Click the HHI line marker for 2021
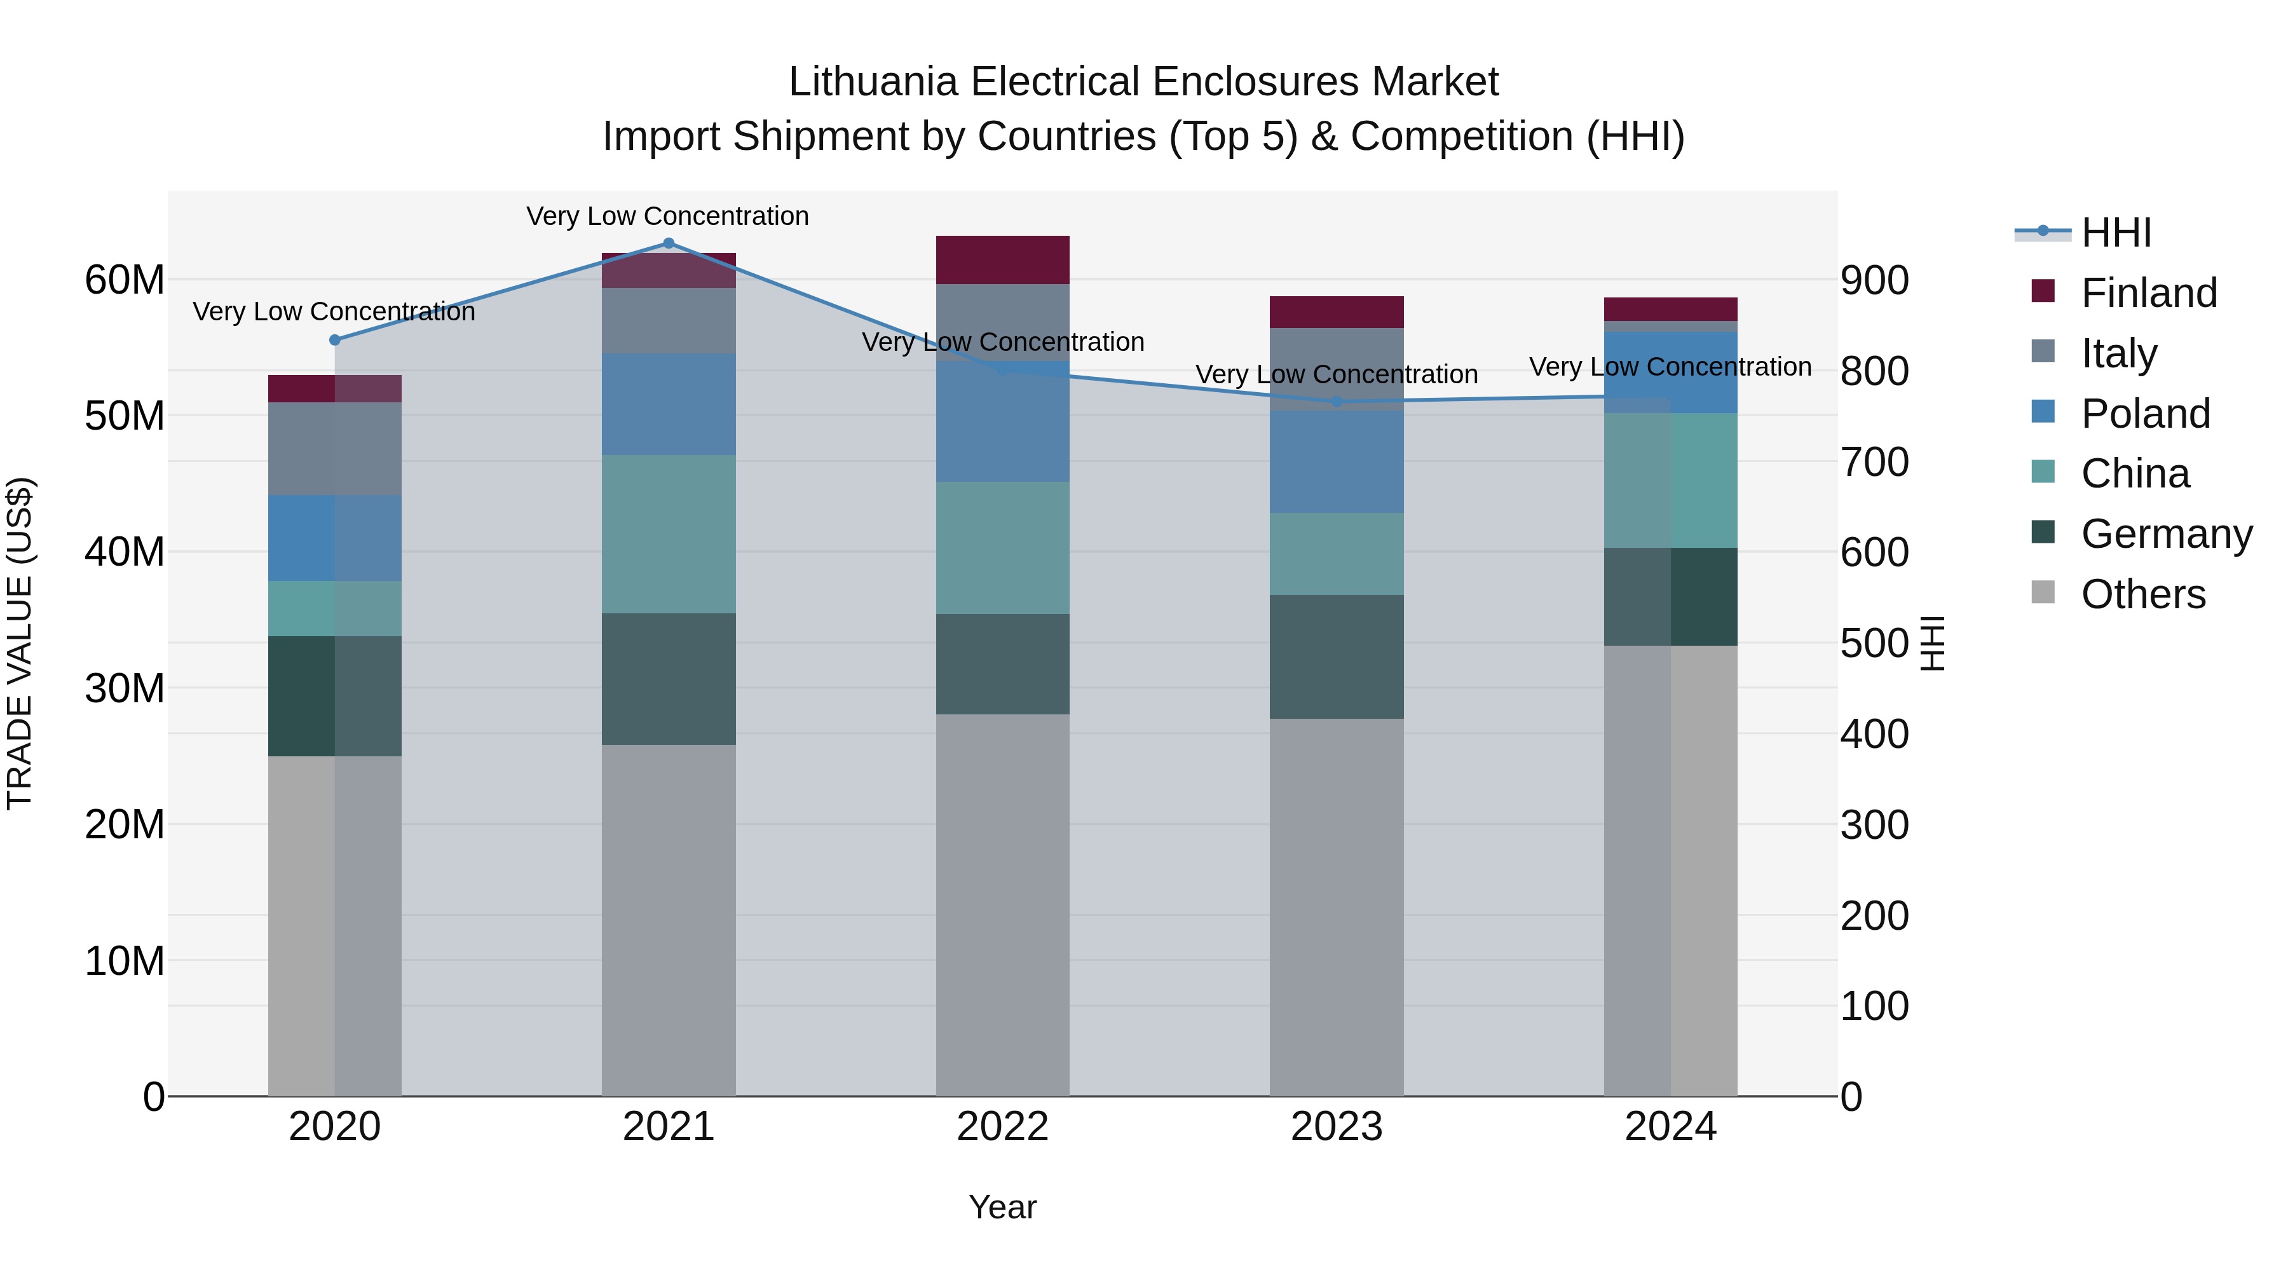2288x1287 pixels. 669,243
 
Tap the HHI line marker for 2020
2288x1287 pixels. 335,340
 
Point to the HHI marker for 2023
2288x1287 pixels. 1337,402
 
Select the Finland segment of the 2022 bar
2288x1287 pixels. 1003,260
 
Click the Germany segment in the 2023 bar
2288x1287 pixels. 1337,657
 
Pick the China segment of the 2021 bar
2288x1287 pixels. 669,535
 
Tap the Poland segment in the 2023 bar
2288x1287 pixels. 1337,462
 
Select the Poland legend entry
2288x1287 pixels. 2145,414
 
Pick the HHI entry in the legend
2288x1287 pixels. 2116,233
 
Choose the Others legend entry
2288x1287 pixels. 2142,594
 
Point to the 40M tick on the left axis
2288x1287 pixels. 125,552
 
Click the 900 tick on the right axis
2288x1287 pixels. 1874,281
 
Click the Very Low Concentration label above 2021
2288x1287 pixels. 667,216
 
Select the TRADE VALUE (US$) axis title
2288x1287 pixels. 20,643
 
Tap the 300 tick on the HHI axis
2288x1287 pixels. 1874,825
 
